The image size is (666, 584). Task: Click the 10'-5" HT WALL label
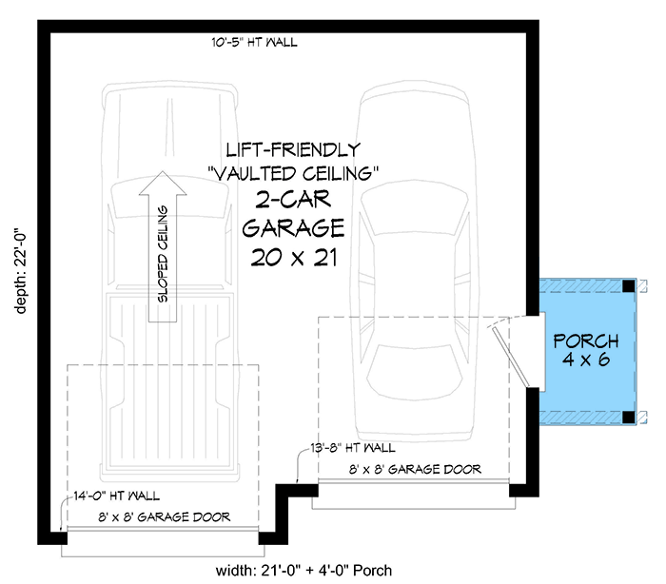tap(254, 42)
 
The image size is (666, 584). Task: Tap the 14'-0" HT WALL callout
tap(117, 496)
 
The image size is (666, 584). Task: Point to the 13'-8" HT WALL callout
tap(353, 448)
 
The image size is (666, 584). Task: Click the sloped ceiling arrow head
tap(163, 183)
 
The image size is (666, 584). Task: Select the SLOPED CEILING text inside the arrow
tap(163, 254)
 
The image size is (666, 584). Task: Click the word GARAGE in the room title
tap(293, 228)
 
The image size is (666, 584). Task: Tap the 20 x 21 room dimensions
tap(294, 258)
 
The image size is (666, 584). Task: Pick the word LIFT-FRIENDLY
tap(293, 150)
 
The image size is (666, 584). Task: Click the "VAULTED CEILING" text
tap(293, 173)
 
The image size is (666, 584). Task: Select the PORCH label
tap(586, 341)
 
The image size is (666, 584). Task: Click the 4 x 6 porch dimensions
tap(586, 360)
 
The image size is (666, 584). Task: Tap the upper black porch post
tap(629, 286)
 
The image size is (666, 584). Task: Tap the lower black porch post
tap(629, 418)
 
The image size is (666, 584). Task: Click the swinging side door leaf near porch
tap(511, 358)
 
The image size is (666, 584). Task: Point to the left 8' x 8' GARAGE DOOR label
tap(165, 516)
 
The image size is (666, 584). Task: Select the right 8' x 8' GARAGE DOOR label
tap(415, 469)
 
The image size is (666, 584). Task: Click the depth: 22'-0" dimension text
tap(21, 273)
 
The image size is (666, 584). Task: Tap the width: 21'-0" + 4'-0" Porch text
tap(304, 571)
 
